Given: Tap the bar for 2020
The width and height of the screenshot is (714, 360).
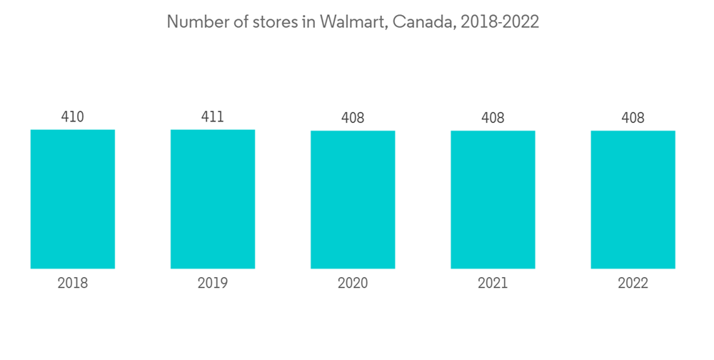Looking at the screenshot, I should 353,199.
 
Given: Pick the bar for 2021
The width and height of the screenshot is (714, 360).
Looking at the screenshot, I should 493,199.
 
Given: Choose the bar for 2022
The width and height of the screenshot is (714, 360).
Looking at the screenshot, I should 633,199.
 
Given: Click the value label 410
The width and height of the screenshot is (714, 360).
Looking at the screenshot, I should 73,116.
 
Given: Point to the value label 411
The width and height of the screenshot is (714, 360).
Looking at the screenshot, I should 213,116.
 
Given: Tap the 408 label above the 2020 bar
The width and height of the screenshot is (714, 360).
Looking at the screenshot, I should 353,118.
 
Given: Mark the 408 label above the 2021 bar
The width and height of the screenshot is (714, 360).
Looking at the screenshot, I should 493,118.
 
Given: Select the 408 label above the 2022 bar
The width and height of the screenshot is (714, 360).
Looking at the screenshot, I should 633,118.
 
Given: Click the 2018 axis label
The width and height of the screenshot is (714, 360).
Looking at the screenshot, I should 73,284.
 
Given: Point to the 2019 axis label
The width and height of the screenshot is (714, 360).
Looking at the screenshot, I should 213,284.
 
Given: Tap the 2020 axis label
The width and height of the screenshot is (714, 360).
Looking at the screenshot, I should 353,284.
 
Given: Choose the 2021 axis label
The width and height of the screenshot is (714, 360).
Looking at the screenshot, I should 493,284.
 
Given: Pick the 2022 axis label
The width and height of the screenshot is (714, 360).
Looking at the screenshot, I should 633,284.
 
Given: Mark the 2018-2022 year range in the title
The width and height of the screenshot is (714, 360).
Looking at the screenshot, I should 500,22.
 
